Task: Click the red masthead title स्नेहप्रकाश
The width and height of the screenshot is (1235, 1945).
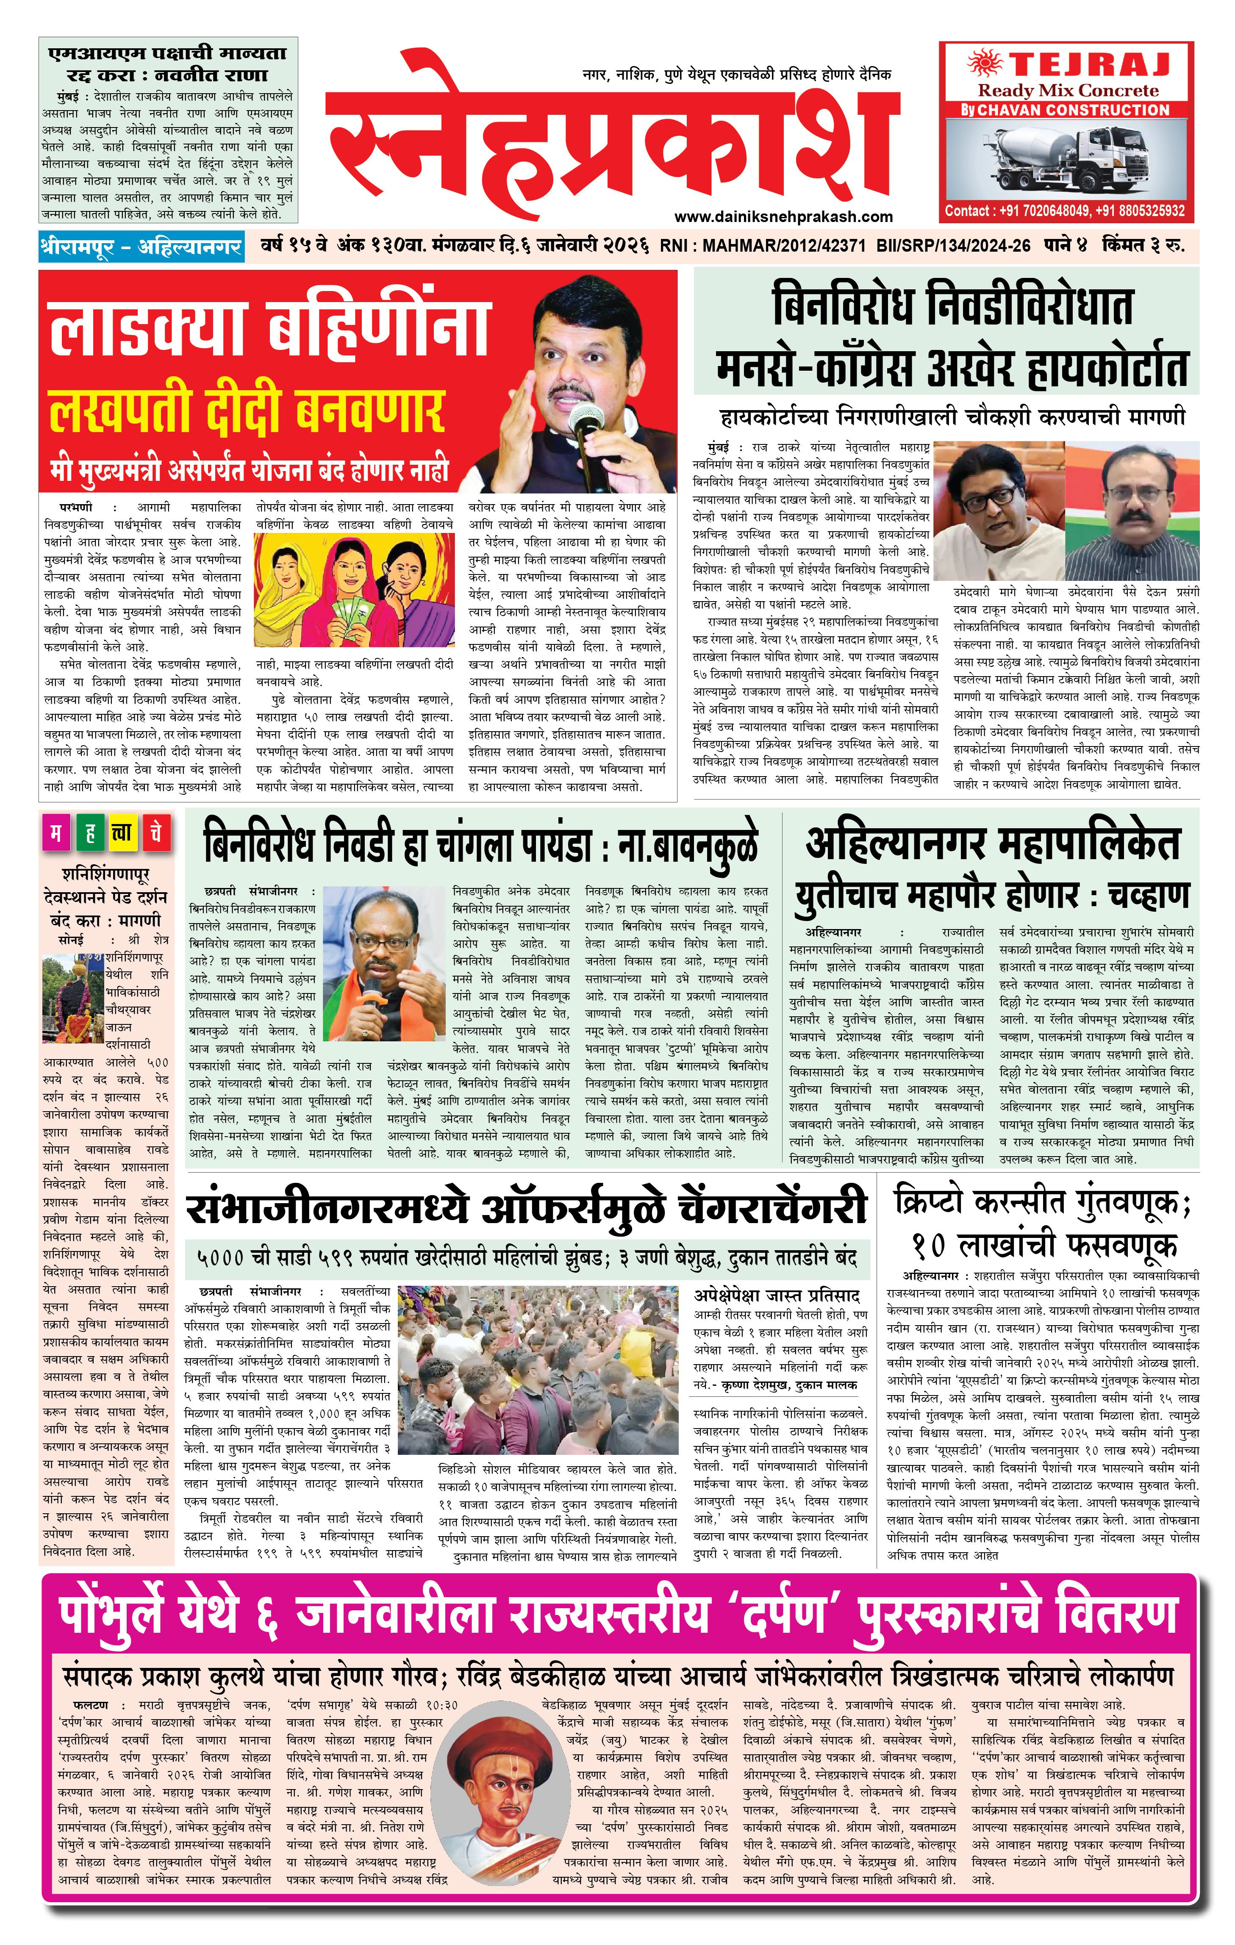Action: (614, 133)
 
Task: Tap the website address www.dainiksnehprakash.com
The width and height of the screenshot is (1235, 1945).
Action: (783, 216)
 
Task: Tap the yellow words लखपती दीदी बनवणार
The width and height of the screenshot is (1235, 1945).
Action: (246, 411)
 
